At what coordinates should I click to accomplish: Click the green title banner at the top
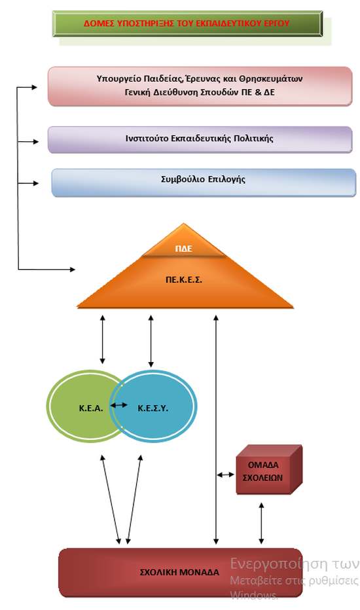[188, 24]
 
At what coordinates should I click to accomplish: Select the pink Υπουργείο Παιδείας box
[200, 86]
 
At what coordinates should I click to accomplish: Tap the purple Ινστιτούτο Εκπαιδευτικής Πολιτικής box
[200, 139]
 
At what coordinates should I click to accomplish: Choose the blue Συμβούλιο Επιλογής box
[204, 183]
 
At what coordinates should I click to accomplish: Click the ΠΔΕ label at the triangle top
[183, 249]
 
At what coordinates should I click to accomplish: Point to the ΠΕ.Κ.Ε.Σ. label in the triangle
[184, 279]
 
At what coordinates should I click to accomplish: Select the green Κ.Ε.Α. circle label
[91, 408]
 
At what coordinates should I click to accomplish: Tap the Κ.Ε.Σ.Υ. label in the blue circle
[153, 408]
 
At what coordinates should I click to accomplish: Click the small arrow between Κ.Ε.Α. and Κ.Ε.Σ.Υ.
[118, 405]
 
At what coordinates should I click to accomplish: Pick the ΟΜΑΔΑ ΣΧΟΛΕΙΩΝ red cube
[269, 470]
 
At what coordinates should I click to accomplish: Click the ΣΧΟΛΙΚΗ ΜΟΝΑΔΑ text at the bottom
[179, 572]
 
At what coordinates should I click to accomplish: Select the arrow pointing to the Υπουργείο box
[27, 88]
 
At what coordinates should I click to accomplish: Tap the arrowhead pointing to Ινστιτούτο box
[36, 142]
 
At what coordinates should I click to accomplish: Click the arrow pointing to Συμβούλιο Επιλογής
[28, 183]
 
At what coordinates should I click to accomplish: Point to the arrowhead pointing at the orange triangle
[72, 269]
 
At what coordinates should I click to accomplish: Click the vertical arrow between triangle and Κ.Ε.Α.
[102, 340]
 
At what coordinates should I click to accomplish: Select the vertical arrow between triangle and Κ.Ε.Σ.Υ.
[151, 341]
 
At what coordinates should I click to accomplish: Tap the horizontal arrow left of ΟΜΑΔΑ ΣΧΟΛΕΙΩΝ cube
[225, 475]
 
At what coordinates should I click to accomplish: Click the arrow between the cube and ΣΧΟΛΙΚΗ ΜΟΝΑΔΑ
[261, 523]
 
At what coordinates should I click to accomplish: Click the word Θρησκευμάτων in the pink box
[271, 79]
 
